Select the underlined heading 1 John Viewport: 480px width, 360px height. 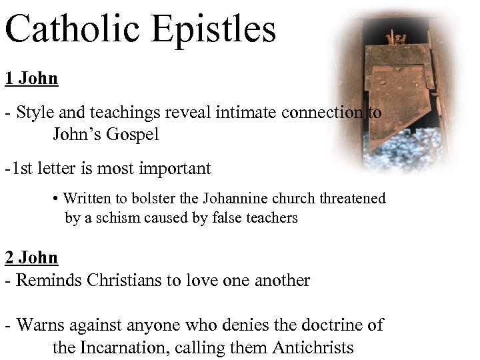point(31,79)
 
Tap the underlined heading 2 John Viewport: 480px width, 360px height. point(31,257)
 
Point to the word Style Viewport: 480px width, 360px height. point(34,113)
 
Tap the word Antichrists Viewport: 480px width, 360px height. point(312,347)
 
